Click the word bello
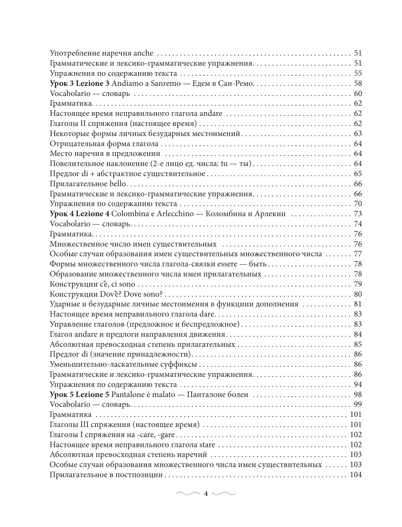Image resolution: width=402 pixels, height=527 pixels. click(x=117, y=184)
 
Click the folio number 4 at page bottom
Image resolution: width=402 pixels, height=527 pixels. click(x=206, y=494)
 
